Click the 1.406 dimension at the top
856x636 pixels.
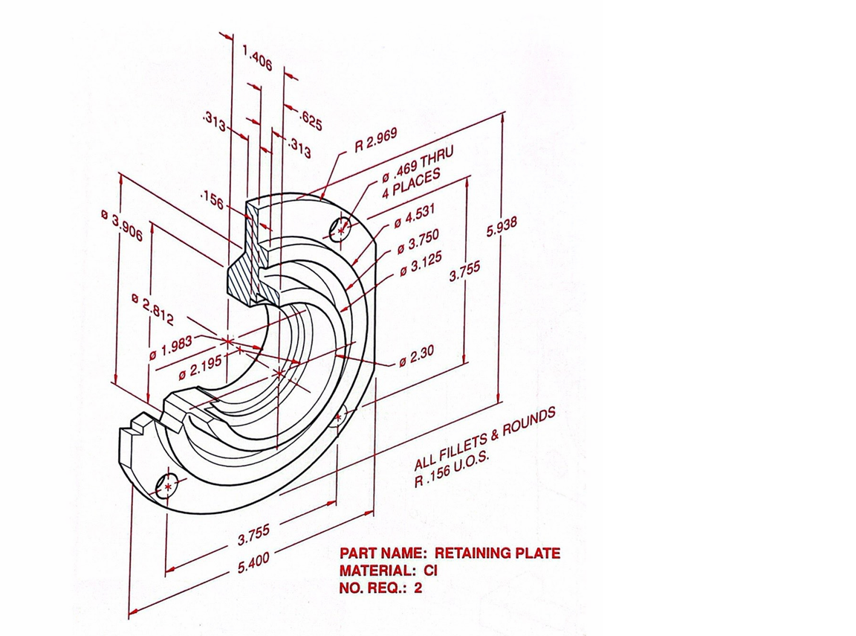(257, 58)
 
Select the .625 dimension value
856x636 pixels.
(311, 120)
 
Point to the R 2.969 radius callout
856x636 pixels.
(375, 140)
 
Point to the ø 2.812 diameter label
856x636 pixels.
(152, 309)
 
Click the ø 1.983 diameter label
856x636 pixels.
(171, 347)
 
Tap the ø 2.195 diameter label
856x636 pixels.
(200, 366)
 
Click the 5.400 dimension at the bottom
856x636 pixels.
(253, 563)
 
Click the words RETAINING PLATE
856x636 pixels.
(497, 553)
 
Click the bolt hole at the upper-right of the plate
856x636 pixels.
(340, 229)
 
